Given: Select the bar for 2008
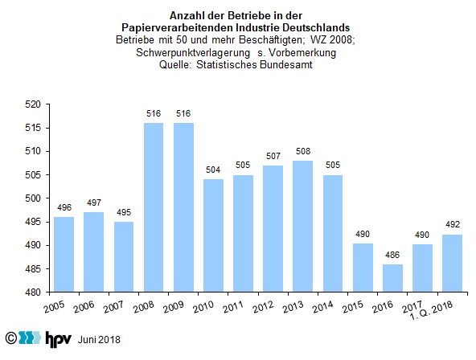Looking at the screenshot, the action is tap(154, 207).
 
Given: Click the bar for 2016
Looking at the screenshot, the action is tap(392, 278).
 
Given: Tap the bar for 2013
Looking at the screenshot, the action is tap(302, 227).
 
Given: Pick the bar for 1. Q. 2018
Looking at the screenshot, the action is tap(453, 264).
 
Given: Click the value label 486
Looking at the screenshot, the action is tap(392, 255).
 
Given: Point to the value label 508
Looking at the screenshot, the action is tap(303, 151).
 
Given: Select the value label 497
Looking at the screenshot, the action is tap(94, 202).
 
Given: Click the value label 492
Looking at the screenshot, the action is tap(453, 224).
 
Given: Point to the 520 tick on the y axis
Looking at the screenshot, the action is tap(33, 104).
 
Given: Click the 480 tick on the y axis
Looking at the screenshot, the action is tap(33, 292).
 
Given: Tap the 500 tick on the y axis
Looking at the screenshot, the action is tap(33, 198).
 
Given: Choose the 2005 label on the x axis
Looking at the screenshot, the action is tap(54, 307).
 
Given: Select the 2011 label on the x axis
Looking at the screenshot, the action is tap(233, 307).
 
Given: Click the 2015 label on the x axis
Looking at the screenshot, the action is tap(352, 307).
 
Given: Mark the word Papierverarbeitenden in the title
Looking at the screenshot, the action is tap(177, 28).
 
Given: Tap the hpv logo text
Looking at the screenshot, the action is tap(58, 339).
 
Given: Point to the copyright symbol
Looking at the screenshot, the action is tap(11, 337).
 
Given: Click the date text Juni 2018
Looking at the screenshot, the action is tap(99, 339).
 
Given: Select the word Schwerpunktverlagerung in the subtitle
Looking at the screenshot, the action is tap(193, 53).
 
